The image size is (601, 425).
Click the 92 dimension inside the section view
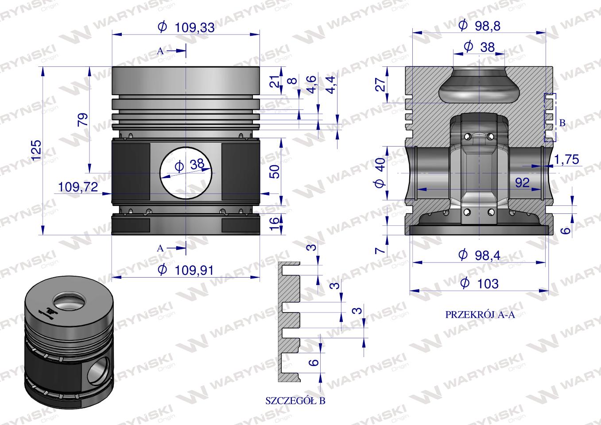[523, 182]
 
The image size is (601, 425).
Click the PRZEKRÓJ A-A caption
[480, 315]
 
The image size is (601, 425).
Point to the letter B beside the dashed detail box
[562, 124]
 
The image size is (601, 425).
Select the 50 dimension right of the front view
[275, 171]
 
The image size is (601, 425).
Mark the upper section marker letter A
[160, 51]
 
